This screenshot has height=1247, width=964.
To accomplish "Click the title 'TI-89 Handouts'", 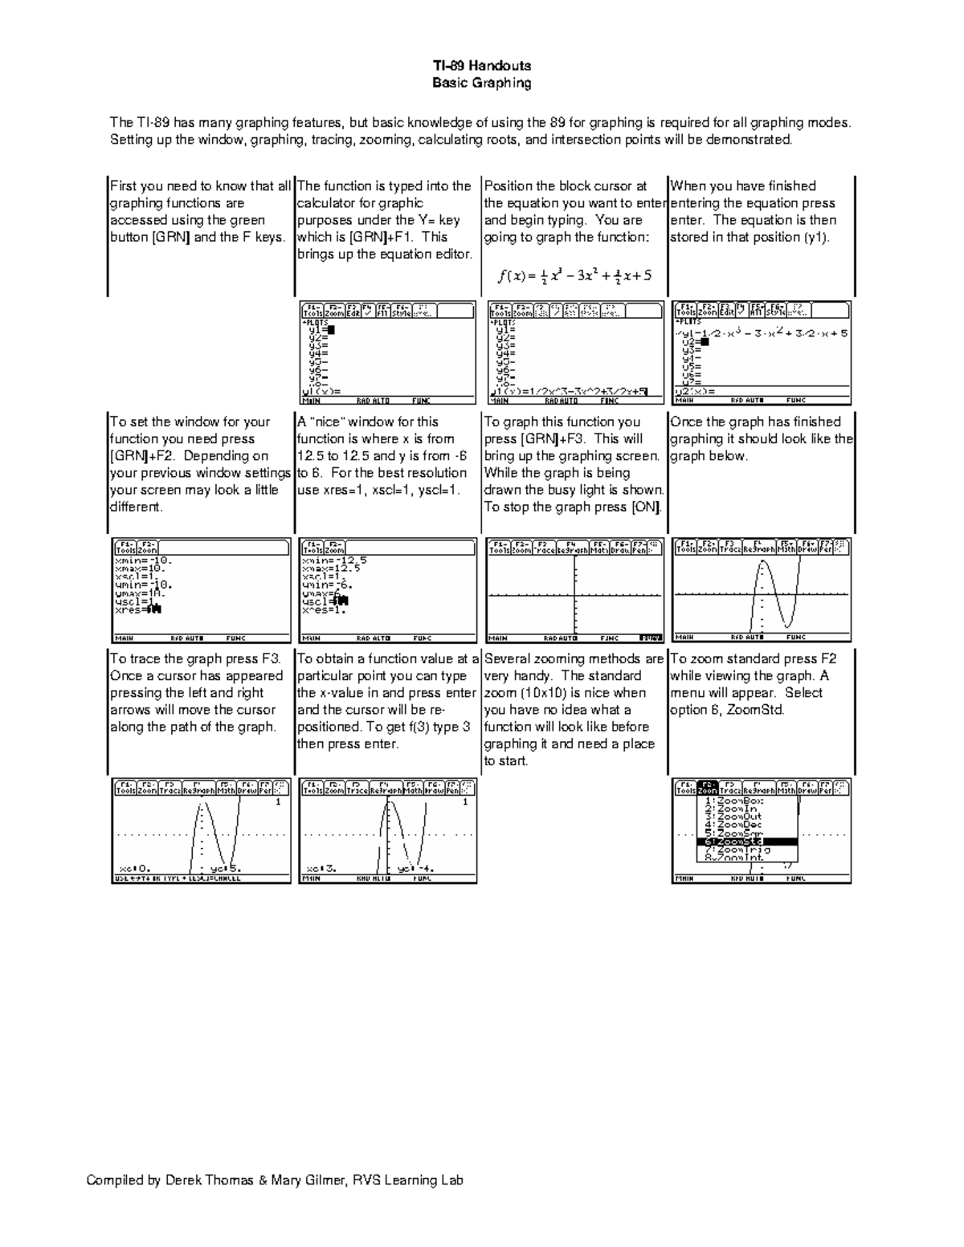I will [481, 66].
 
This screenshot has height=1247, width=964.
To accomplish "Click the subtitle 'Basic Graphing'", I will [481, 83].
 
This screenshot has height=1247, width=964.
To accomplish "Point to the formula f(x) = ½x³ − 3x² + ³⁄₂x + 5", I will [574, 275].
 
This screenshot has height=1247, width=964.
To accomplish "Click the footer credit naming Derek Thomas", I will [275, 1180].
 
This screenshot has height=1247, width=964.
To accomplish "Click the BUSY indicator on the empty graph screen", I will [650, 638].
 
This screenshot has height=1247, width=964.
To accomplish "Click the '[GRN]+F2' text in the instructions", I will [140, 456].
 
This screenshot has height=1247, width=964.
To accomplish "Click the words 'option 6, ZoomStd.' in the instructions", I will [727, 710].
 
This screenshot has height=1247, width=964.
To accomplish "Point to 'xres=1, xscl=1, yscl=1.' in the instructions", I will [378, 490].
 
